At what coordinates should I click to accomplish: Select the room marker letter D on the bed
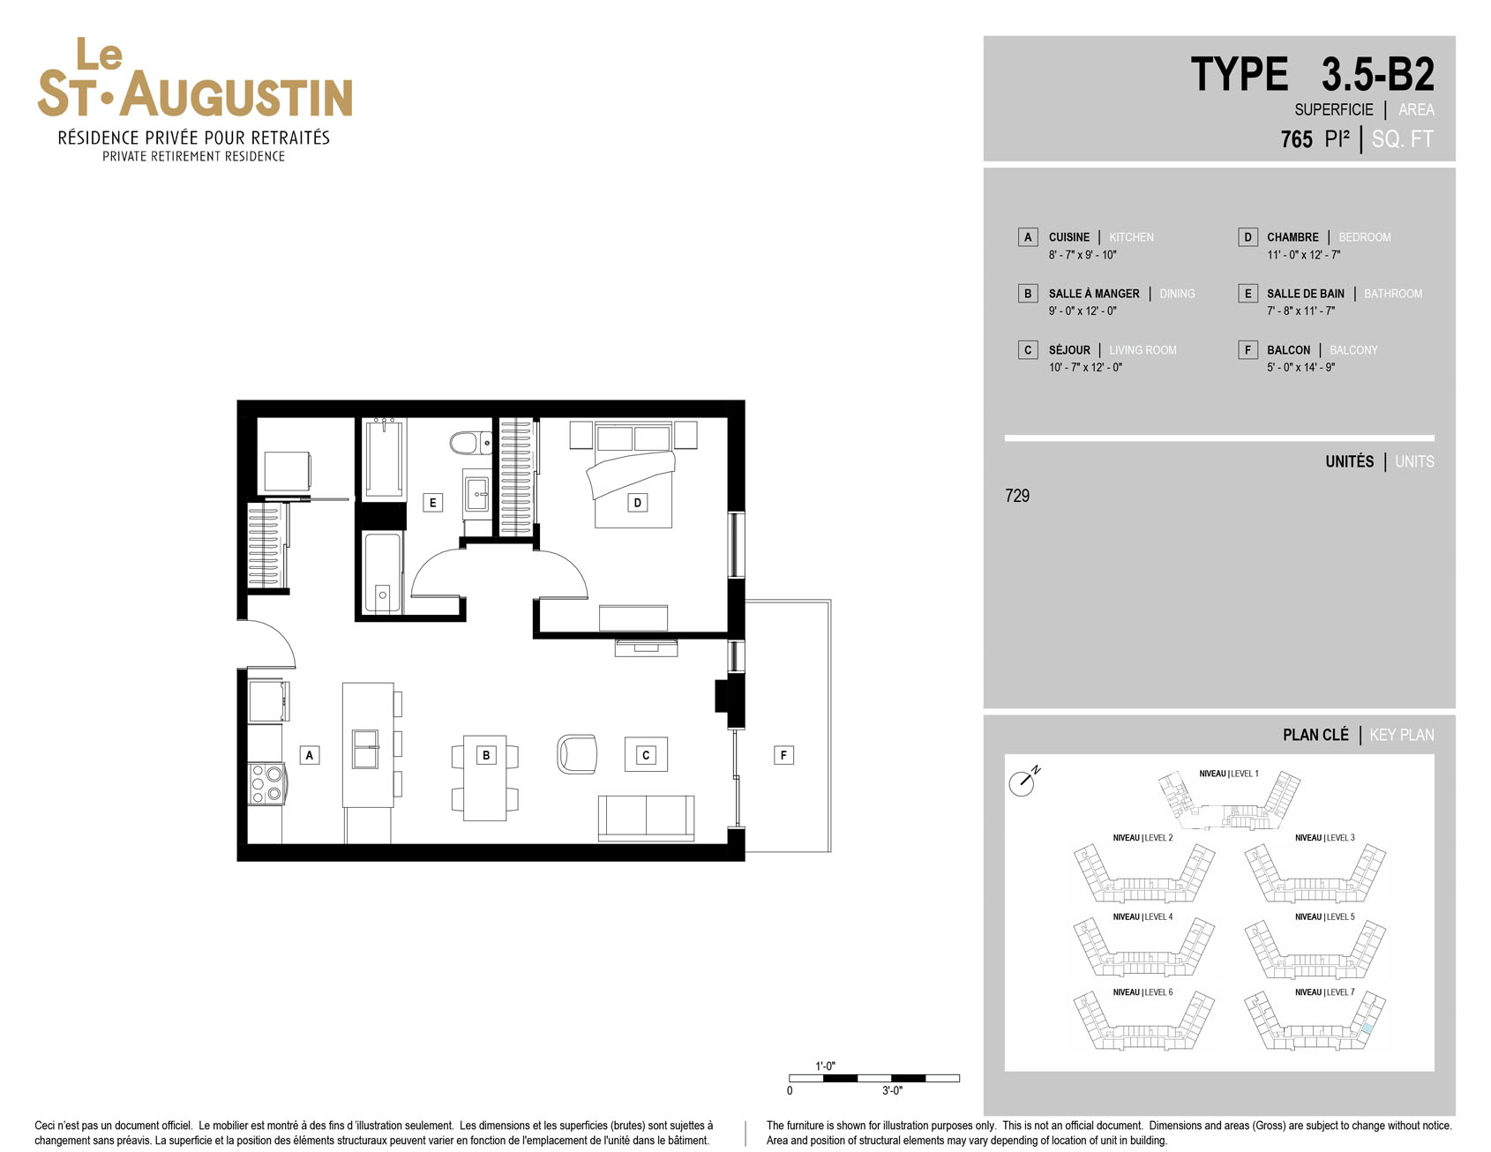pyautogui.click(x=637, y=503)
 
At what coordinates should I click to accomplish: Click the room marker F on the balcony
pyautogui.click(x=783, y=755)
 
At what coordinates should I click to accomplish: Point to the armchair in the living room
pyautogui.click(x=577, y=754)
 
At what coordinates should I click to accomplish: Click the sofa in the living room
pyautogui.click(x=646, y=818)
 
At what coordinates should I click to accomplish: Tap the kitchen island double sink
pyautogui.click(x=365, y=749)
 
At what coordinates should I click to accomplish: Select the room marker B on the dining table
pyautogui.click(x=485, y=755)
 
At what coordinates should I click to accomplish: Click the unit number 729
pyautogui.click(x=1017, y=496)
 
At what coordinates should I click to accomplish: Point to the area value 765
pyautogui.click(x=1297, y=139)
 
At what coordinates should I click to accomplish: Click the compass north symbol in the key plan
pyautogui.click(x=1023, y=782)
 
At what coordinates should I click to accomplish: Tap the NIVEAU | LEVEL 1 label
pyautogui.click(x=1229, y=774)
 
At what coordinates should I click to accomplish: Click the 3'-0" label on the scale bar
pyautogui.click(x=892, y=1091)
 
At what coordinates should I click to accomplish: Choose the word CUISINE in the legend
pyautogui.click(x=1069, y=237)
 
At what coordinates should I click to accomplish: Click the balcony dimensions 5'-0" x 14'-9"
pyautogui.click(x=1300, y=368)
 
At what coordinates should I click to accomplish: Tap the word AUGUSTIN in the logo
pyautogui.click(x=236, y=95)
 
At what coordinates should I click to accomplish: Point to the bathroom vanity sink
pyautogui.click(x=477, y=494)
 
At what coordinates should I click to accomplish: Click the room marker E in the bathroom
pyautogui.click(x=432, y=503)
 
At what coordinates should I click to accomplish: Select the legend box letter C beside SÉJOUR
pyautogui.click(x=1028, y=350)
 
